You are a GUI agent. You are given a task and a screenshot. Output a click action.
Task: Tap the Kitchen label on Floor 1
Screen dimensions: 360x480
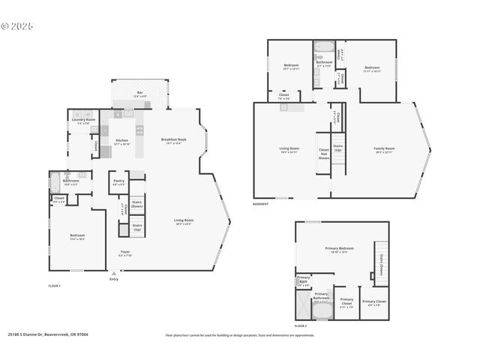121,141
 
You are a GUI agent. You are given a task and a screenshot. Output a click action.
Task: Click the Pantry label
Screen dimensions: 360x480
118,181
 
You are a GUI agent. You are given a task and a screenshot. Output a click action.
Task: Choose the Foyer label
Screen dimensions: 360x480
125,253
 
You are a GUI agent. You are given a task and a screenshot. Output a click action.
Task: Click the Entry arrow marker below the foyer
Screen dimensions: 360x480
114,274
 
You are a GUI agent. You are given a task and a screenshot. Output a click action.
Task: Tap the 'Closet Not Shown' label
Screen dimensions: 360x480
323,154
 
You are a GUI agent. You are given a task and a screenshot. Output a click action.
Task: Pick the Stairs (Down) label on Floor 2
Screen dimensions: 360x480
382,265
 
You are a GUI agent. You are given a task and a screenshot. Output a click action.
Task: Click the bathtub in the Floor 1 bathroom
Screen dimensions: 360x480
54,181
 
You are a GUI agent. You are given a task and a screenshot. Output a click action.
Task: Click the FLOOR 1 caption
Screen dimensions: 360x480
54,286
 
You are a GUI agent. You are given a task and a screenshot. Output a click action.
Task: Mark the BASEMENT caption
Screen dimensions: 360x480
261,204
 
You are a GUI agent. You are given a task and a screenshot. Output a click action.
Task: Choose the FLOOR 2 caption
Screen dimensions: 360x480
301,326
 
